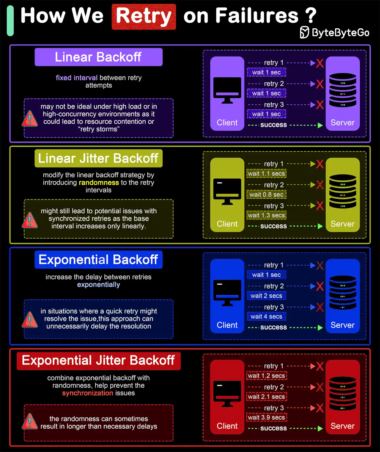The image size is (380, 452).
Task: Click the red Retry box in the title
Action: [144, 17]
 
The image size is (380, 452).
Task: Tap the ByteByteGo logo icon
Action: [304, 32]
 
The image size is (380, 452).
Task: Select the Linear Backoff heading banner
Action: [99, 57]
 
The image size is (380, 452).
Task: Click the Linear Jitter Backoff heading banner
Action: [99, 158]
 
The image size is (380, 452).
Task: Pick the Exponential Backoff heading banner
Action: [99, 260]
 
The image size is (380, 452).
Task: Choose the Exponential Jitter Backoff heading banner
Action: [99, 361]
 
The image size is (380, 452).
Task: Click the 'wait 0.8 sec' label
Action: [266, 195]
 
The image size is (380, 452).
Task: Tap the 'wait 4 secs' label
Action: [266, 316]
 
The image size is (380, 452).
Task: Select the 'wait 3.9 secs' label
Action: [266, 417]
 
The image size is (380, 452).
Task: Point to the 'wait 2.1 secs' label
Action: [266, 397]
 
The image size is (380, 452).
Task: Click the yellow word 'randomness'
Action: [99, 182]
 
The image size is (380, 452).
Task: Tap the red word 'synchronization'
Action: [87, 393]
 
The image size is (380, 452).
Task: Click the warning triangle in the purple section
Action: [30, 118]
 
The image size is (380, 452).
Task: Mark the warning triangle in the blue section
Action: [30, 320]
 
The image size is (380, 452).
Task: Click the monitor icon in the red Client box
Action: [227, 394]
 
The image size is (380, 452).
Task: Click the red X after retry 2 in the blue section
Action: [320, 286]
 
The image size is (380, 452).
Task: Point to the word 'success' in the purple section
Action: [273, 125]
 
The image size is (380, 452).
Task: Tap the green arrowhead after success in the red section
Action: [320, 428]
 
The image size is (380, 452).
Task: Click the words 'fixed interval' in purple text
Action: [77, 77]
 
